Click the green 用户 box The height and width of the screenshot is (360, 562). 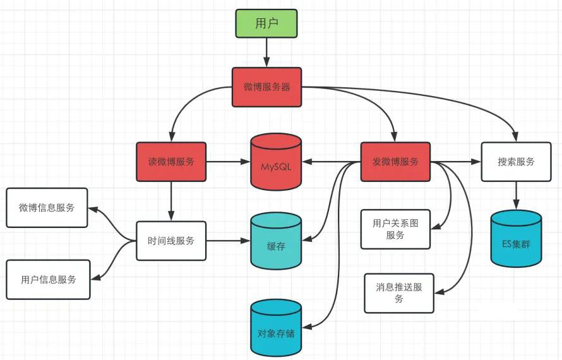[266, 23]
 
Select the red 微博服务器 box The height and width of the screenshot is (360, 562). [266, 87]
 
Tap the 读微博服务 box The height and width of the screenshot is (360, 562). [171, 162]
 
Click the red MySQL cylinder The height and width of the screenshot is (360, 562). [275, 162]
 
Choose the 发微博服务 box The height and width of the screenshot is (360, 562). [395, 162]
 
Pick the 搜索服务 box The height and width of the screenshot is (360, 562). [516, 162]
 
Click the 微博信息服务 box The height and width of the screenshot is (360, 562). [47, 208]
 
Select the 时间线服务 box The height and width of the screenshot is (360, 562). [171, 241]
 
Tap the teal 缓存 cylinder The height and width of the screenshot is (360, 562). [275, 241]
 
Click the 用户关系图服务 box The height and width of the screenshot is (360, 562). [395, 229]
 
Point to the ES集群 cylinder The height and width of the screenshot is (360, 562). [516, 239]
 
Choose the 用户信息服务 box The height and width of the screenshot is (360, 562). [49, 280]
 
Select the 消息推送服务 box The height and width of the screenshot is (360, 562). [399, 293]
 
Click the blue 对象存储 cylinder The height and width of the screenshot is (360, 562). [275, 328]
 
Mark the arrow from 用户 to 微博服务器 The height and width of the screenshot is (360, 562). [266, 52]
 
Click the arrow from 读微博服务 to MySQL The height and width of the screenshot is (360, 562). [229, 162]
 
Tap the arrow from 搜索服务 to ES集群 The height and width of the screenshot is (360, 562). [516, 195]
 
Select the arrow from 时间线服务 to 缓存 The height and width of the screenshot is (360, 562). [229, 241]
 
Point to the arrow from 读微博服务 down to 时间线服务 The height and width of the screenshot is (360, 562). [171, 201]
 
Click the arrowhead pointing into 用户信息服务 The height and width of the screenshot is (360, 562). [95, 277]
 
